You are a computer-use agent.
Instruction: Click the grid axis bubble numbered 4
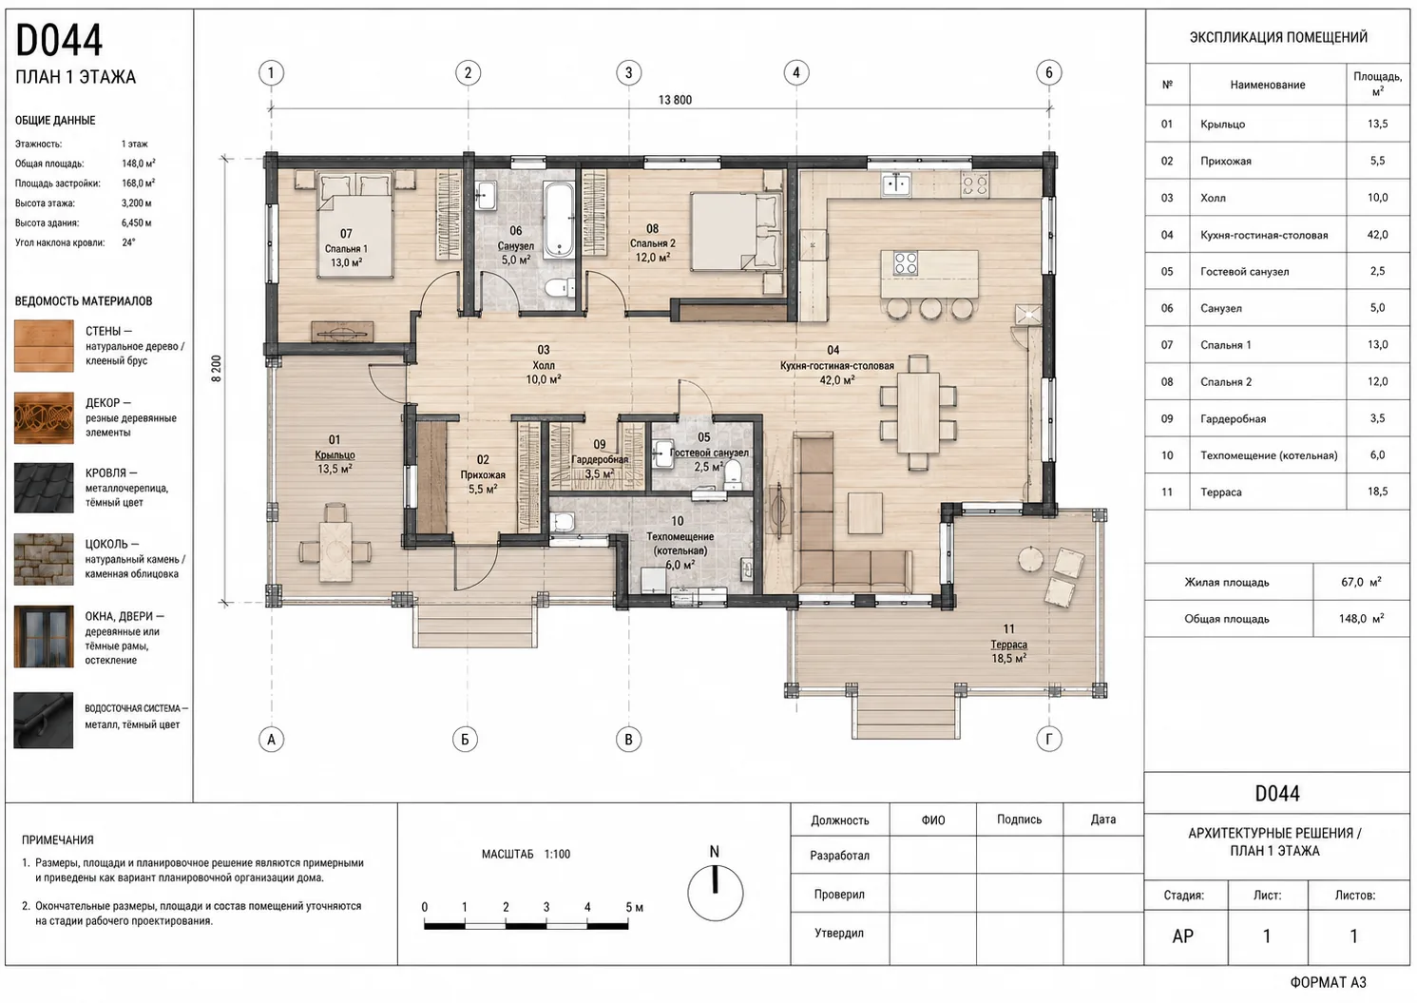pyautogui.click(x=795, y=73)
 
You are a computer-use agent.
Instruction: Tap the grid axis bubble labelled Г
pyautogui.click(x=1049, y=739)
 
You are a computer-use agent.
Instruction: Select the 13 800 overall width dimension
pyautogui.click(x=675, y=100)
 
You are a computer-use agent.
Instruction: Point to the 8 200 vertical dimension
pyautogui.click(x=217, y=368)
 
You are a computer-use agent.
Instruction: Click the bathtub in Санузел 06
pyautogui.click(x=559, y=220)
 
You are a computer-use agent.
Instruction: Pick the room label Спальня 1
pyautogui.click(x=346, y=249)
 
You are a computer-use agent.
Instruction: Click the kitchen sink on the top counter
pyautogui.click(x=896, y=184)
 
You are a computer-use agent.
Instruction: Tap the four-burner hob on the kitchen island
pyautogui.click(x=906, y=263)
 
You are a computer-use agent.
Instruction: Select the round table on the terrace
pyautogui.click(x=1030, y=559)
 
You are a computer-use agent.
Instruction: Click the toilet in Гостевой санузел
pyautogui.click(x=733, y=473)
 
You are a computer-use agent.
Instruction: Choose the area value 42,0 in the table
pyautogui.click(x=1377, y=235)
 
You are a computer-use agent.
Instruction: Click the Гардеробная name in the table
pyautogui.click(x=1233, y=419)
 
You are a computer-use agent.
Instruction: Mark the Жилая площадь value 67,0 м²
pyautogui.click(x=1361, y=582)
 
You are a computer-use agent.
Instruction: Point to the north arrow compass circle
pyautogui.click(x=715, y=893)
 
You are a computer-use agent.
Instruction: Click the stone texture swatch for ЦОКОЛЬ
pyautogui.click(x=44, y=559)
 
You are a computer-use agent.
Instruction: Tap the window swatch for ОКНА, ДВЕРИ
pyautogui.click(x=44, y=637)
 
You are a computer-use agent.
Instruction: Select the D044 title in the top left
pyautogui.click(x=58, y=41)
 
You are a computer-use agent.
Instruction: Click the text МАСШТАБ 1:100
pyautogui.click(x=526, y=855)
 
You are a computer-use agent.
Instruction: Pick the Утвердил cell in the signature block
pyautogui.click(x=839, y=933)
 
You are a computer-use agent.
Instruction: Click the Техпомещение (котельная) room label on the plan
pyautogui.click(x=680, y=544)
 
